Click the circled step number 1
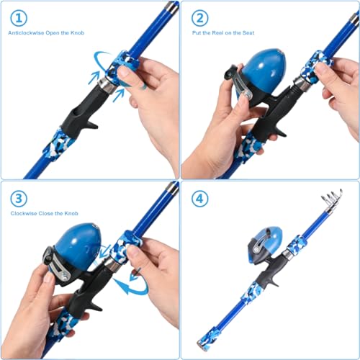[20, 19]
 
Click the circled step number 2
[200, 19]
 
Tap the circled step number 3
[20, 197]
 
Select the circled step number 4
[200, 197]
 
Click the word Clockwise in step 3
[25, 213]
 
